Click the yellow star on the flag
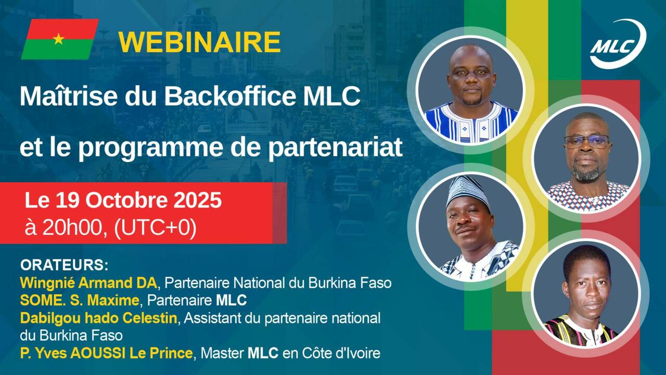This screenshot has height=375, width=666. click(59, 39)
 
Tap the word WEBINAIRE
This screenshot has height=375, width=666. click(199, 42)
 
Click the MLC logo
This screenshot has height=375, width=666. click(618, 44)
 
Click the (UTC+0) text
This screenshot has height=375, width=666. click(155, 229)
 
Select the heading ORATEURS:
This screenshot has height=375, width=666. click(64, 265)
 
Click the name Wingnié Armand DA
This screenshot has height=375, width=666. click(88, 283)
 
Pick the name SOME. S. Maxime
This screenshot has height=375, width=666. click(80, 301)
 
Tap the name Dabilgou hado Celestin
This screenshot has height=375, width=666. click(98, 318)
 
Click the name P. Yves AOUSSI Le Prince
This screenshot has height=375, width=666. click(107, 353)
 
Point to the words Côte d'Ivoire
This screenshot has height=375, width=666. click(341, 353)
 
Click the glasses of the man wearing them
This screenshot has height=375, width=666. click(586, 141)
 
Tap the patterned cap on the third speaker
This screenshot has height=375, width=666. click(467, 191)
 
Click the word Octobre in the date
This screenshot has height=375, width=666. click(126, 200)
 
